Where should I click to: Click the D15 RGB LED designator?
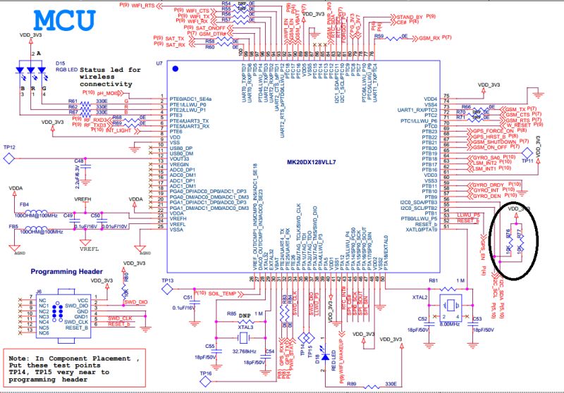point(61,63)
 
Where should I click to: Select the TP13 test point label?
point(167,281)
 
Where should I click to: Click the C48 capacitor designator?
point(79,161)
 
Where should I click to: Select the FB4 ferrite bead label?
point(23,205)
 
